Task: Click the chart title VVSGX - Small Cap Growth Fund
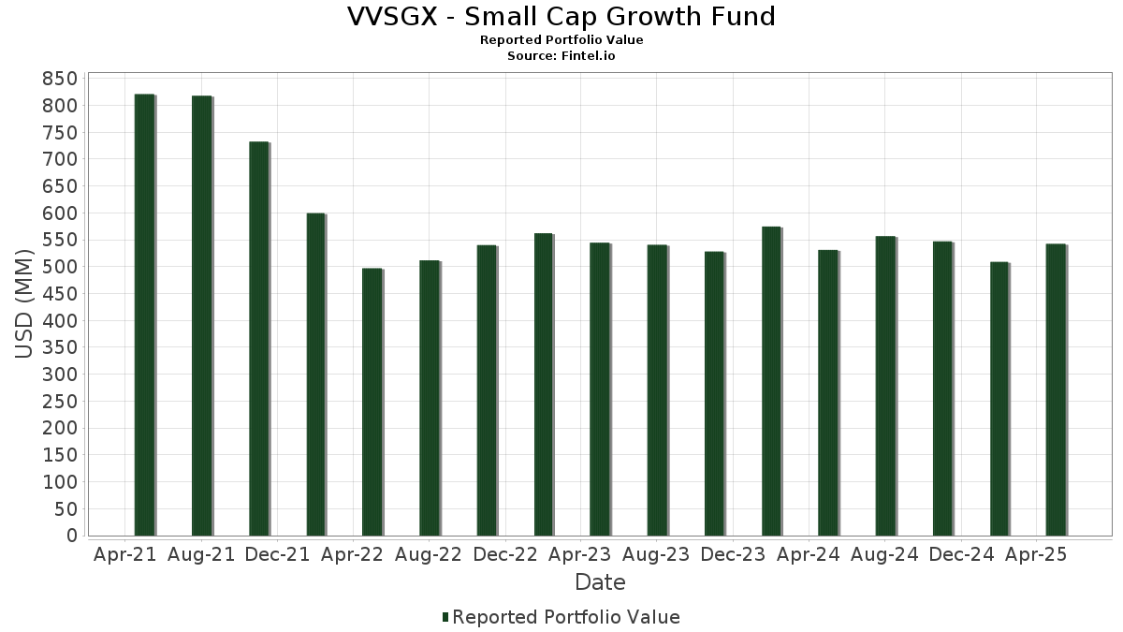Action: [x=561, y=17]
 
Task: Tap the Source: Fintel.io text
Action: [x=561, y=55]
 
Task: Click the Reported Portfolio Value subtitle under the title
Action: [x=561, y=40]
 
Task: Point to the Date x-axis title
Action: [x=600, y=582]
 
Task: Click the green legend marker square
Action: [x=445, y=617]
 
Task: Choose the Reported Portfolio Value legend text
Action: [x=566, y=617]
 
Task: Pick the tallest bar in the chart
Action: [x=144, y=315]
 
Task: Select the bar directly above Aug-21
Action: [x=201, y=316]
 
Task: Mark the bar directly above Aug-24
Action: [x=885, y=386]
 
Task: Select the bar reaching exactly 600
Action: [x=315, y=375]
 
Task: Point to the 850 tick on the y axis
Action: [x=58, y=79]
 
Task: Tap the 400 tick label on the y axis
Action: [x=58, y=321]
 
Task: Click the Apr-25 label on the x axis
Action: [x=1036, y=554]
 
